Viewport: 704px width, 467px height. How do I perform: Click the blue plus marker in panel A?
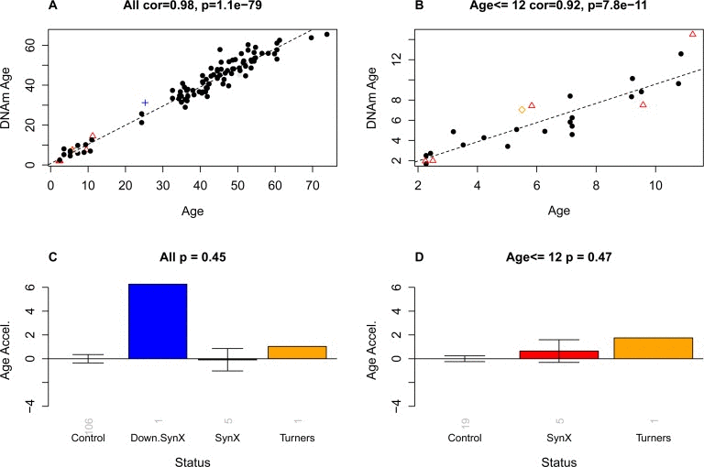tap(145, 103)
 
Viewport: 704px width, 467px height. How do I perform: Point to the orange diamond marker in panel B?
tap(522, 110)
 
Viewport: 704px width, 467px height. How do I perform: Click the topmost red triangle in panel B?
tap(692, 34)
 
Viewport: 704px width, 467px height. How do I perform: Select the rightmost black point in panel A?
tap(326, 34)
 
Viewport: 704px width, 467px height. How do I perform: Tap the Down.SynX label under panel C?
tap(157, 436)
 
